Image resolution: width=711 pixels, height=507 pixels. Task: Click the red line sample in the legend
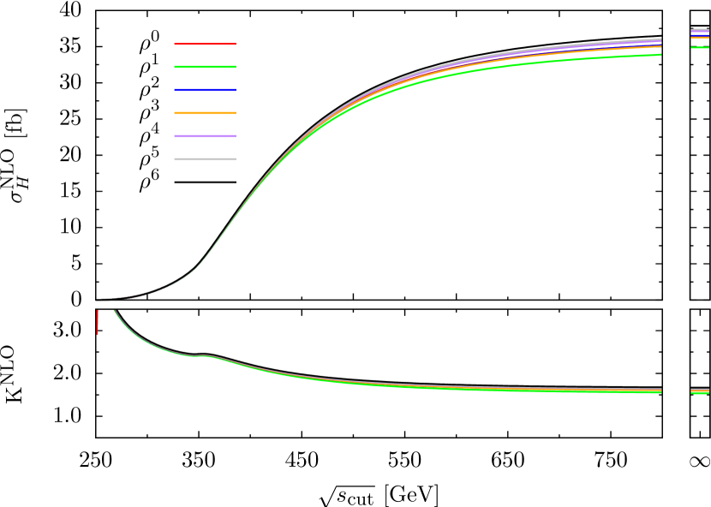coord(205,44)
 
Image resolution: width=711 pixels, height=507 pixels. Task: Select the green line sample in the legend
coord(205,67)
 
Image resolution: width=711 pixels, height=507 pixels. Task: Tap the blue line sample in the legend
coord(205,90)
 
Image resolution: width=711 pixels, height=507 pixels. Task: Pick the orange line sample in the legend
coord(205,113)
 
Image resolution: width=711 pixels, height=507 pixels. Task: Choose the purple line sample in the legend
coord(205,136)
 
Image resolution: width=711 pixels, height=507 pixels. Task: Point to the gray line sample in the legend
coord(205,159)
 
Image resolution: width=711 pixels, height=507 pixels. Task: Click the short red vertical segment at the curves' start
coord(97,321)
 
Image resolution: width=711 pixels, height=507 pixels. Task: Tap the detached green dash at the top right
coord(700,47)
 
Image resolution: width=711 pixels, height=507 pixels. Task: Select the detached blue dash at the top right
coord(700,34)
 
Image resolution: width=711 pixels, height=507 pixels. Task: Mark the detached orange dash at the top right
coord(700,38)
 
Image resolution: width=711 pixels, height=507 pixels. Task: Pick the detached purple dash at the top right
coord(700,31)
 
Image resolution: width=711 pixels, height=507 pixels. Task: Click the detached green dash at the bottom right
coord(700,393)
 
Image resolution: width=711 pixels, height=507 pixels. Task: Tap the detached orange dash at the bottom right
coord(700,391)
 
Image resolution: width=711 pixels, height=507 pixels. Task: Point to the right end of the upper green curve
coord(660,55)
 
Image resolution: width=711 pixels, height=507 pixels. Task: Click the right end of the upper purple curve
coord(660,40)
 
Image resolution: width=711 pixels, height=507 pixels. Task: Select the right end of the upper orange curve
coord(660,47)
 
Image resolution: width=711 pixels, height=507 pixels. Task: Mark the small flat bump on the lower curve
coord(201,355)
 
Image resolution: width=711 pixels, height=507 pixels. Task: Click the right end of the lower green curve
coord(660,392)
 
